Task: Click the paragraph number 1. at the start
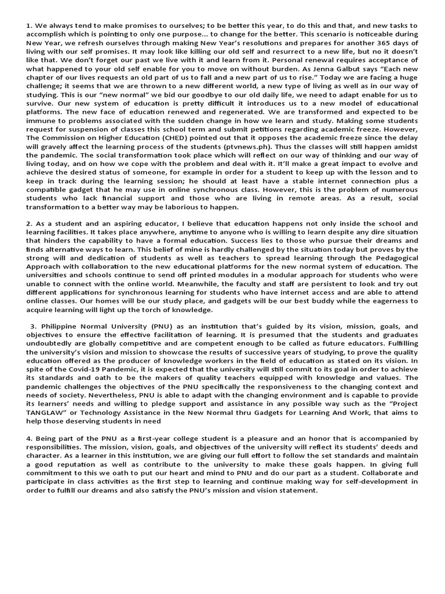(29, 26)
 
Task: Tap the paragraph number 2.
(29, 223)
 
